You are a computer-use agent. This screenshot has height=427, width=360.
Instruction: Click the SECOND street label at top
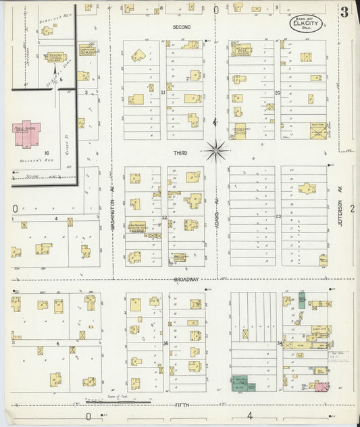click(x=181, y=27)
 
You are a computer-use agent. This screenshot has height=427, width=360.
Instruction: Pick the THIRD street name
click(x=179, y=153)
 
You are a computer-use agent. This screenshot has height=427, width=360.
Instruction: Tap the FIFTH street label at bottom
click(x=181, y=405)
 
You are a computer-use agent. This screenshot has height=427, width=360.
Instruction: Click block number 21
click(x=163, y=91)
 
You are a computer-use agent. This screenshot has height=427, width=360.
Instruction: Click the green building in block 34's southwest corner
click(x=238, y=383)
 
